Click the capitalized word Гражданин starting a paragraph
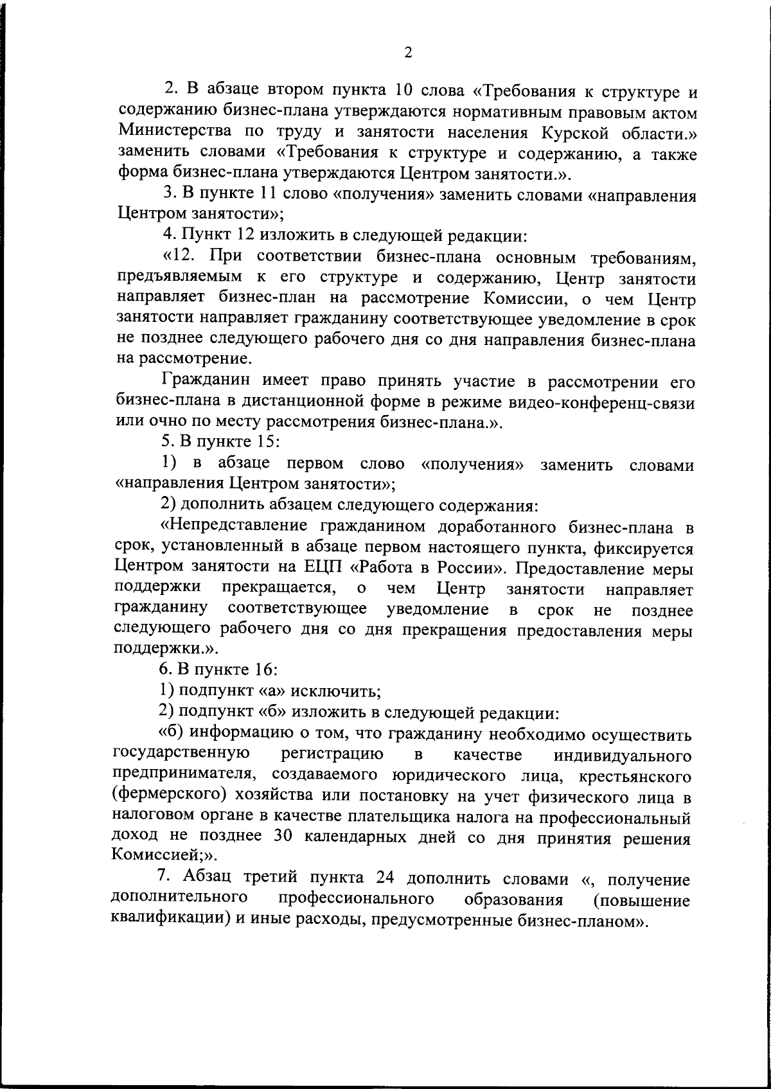point(206,381)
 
